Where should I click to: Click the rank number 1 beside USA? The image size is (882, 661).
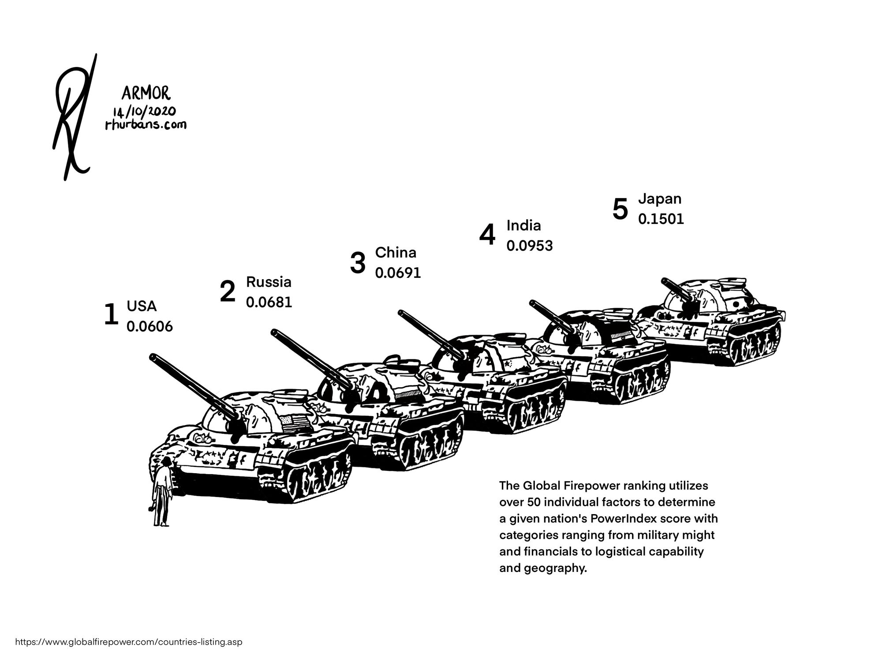(111, 315)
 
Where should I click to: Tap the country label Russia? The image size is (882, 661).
(269, 282)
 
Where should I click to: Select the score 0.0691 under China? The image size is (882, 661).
(398, 273)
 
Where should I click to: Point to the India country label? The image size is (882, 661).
(523, 225)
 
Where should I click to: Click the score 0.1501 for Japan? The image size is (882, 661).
(661, 219)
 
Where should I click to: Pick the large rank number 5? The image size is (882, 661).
(620, 209)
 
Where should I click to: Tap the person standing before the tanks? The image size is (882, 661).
(162, 491)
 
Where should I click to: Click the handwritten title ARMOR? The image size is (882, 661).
(145, 93)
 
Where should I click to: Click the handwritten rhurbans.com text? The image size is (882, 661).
(146, 125)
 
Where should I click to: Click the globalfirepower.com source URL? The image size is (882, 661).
(129, 642)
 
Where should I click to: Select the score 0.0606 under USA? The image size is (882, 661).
(149, 327)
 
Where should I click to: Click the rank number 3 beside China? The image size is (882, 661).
(358, 263)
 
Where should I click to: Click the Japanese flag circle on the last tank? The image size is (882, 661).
(735, 304)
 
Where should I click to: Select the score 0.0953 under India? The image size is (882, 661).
(529, 246)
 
